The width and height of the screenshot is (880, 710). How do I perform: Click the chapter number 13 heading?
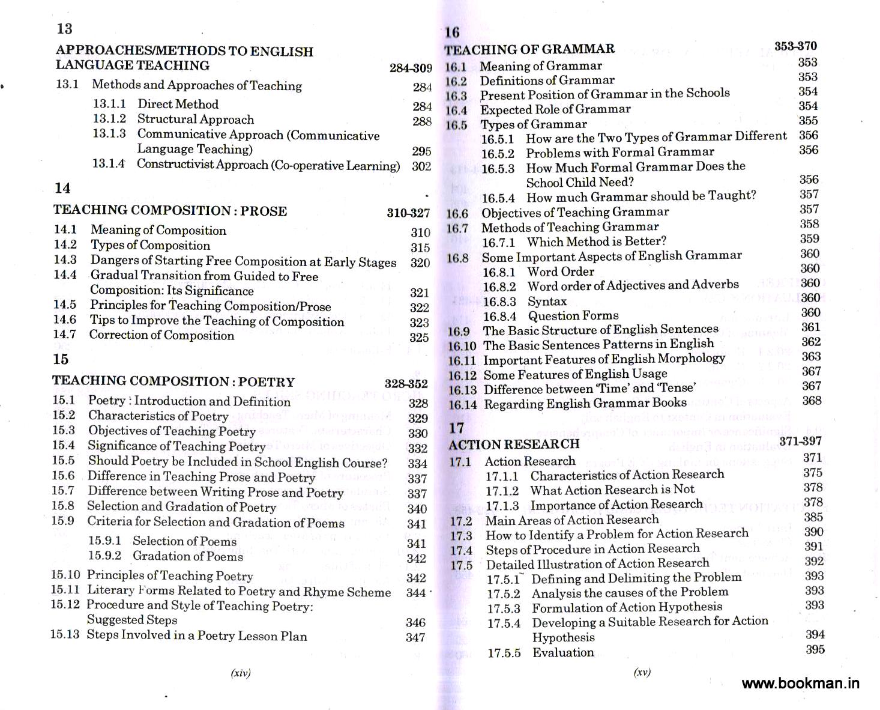coord(64,29)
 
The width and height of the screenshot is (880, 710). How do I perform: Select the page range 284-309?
coord(411,68)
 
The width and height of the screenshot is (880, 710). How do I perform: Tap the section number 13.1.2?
coord(109,119)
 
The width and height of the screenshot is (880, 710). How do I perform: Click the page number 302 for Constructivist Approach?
coord(421,166)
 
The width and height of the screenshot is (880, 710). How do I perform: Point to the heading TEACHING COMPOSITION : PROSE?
coord(170,211)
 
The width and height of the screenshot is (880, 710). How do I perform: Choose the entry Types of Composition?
coord(150,246)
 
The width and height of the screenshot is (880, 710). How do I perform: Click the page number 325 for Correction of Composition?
coord(419,338)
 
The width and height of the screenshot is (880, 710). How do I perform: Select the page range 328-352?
coord(406,384)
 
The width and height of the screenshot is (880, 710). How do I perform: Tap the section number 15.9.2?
coord(104,556)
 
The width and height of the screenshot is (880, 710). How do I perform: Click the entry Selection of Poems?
coord(184,541)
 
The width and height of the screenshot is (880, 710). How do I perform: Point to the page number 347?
coord(415,637)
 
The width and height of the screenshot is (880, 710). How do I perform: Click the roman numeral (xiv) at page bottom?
coord(241,673)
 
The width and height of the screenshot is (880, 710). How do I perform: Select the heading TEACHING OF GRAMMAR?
coord(529,49)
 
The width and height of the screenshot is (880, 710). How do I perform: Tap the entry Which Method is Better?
coord(597,241)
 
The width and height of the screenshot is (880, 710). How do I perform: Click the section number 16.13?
coord(462,390)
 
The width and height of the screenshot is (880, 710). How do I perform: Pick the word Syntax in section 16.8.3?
coord(547,301)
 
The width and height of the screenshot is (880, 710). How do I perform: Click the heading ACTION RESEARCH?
coord(514,445)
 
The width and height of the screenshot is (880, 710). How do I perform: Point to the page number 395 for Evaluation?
coord(815,649)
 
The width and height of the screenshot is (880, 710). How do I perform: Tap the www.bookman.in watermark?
coord(801,683)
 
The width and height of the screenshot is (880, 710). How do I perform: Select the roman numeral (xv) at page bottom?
coord(642,673)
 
